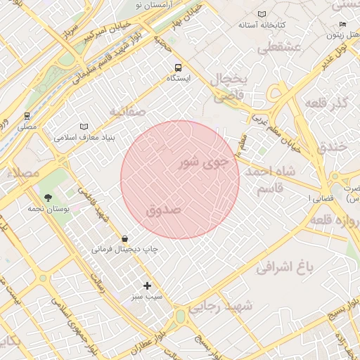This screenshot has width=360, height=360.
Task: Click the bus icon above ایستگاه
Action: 178,67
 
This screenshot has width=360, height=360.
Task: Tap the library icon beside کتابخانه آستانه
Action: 262,14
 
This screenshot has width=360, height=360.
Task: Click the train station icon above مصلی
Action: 27,116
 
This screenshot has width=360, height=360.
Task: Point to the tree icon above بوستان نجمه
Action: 48,198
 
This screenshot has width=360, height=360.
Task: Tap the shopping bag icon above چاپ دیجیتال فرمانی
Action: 124,238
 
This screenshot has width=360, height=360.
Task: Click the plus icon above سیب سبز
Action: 147,285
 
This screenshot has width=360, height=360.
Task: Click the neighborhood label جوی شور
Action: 205,163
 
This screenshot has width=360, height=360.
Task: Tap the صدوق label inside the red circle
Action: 164,210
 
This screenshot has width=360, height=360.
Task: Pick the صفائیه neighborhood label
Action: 127,111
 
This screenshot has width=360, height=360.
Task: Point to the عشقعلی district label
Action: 278,48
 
